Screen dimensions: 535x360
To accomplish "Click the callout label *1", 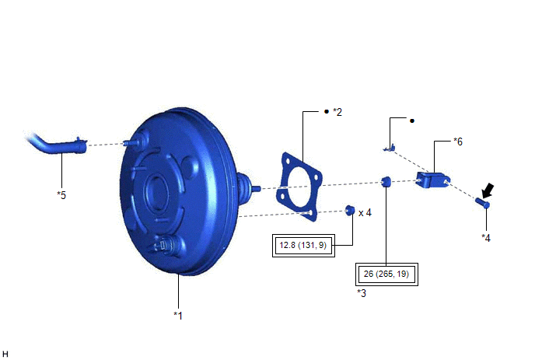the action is tap(178, 316).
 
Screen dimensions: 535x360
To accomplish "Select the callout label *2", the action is tap(337, 112).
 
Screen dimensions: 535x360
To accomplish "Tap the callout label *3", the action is tap(362, 293).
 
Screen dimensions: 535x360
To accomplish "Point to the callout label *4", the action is tap(486, 238).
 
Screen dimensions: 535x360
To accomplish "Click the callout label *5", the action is tap(61, 195).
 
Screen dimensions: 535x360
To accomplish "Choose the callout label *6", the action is tap(458, 142).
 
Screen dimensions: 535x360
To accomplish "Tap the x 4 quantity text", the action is tap(365, 213).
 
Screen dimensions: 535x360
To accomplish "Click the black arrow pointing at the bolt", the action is tap(488, 190).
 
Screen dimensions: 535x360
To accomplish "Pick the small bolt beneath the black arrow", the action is tap(482, 203).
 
